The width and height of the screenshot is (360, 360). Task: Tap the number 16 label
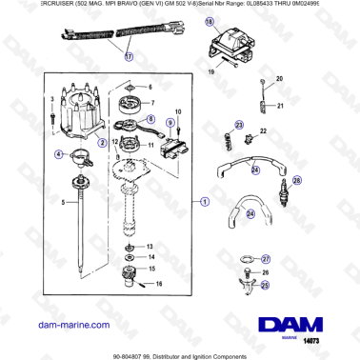coord(159,284)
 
